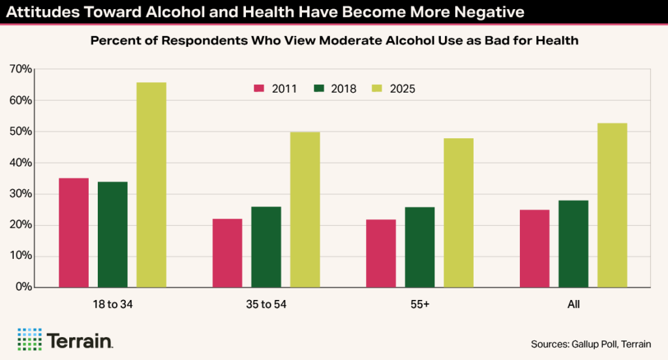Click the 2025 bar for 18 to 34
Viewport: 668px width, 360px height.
click(x=151, y=185)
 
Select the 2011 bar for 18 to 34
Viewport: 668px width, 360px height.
click(x=74, y=232)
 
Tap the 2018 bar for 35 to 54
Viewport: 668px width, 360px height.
click(x=266, y=247)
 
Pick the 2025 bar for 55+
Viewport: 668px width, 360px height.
click(x=459, y=213)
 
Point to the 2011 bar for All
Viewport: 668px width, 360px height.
click(x=535, y=248)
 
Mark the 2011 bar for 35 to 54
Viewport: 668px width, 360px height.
click(x=228, y=253)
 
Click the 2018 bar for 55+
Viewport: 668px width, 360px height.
click(x=419, y=247)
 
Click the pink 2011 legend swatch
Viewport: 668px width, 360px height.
click(x=259, y=89)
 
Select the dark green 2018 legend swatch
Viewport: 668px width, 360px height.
click(x=318, y=89)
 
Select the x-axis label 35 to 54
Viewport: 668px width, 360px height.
click(x=266, y=305)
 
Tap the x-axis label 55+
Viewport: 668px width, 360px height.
click(x=419, y=305)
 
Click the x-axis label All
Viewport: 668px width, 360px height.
click(x=573, y=305)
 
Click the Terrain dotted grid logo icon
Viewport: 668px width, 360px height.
click(x=29, y=339)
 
